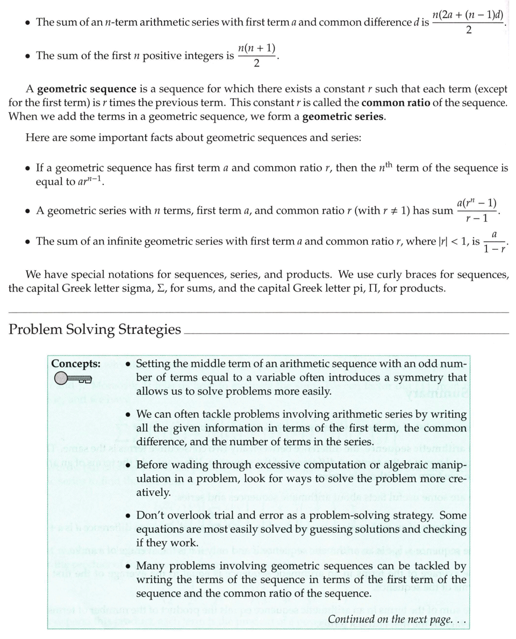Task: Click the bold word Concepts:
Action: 76,364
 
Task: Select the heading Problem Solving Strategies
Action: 95,329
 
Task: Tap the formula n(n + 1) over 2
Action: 256,56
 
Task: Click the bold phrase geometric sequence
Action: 79,89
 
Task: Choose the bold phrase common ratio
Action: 396,103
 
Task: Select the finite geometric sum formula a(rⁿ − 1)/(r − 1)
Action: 477,211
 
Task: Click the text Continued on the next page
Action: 397,620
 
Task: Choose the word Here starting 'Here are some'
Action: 38,137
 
